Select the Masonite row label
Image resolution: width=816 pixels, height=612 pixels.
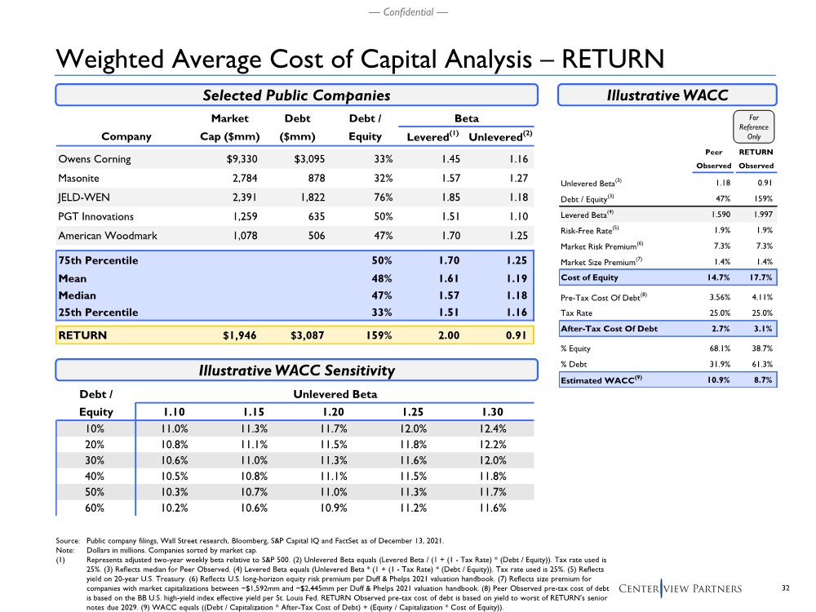80,178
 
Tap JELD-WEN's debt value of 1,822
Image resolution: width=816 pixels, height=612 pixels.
308,197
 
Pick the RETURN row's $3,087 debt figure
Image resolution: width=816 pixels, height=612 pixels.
302,335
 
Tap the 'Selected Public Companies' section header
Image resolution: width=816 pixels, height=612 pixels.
296,95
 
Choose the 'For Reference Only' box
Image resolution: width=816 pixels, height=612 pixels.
754,126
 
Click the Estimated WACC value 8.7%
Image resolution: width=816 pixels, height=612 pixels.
760,380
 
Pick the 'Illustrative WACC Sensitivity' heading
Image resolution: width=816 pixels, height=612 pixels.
296,371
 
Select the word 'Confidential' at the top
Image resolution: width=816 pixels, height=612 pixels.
407,12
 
